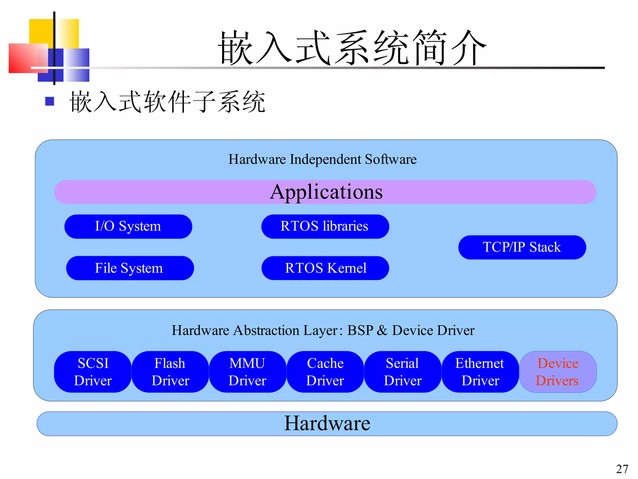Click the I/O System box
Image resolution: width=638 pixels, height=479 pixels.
(128, 226)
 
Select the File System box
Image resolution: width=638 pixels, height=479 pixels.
(130, 268)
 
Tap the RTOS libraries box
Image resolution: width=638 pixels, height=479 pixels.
(325, 226)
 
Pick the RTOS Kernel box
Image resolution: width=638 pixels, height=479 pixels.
(325, 268)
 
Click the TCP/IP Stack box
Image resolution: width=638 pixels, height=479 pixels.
(522, 247)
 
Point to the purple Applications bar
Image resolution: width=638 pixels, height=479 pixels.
(325, 192)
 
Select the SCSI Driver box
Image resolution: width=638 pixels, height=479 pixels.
(93, 372)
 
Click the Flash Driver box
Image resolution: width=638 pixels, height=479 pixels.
(170, 372)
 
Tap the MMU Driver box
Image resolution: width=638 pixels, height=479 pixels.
(247, 372)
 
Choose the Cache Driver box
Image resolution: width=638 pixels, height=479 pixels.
(325, 372)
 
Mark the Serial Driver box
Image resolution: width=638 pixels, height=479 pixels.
(402, 372)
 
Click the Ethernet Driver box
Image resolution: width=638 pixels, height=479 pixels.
(480, 372)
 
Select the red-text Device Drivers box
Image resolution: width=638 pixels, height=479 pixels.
(558, 372)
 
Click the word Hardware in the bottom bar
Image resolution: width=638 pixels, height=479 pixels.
(327, 423)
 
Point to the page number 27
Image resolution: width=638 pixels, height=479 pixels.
(622, 469)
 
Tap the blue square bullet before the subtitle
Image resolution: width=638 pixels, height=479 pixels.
(50, 101)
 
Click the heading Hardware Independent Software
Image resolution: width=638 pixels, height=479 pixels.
(322, 159)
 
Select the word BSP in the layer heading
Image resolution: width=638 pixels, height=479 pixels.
(360, 330)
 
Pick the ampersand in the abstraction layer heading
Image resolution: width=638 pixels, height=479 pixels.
(382, 331)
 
